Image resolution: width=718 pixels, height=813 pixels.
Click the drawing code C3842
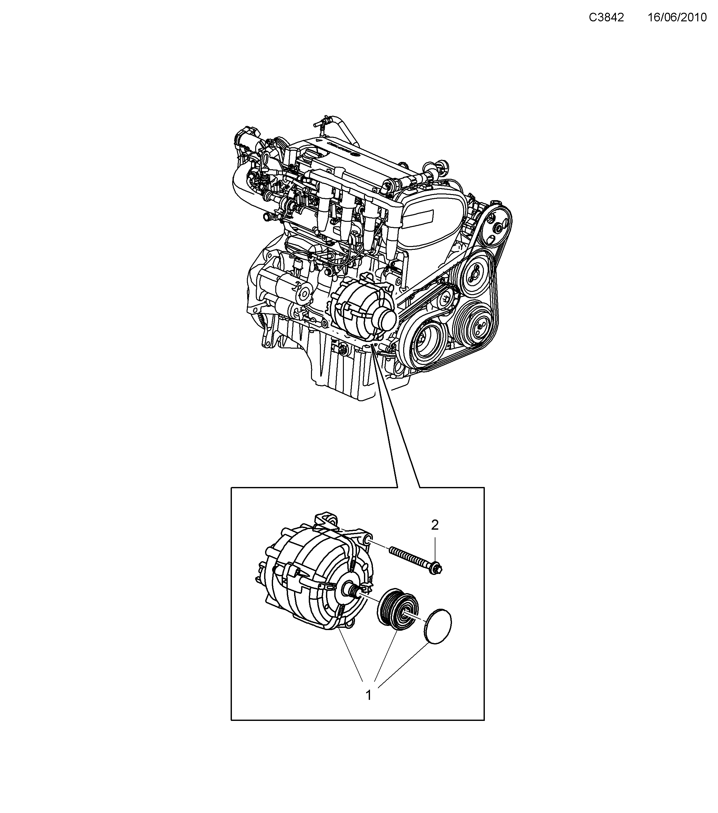[x=606, y=18]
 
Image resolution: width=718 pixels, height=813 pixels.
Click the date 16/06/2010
[x=677, y=18]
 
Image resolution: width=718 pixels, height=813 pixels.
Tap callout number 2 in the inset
[x=435, y=526]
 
